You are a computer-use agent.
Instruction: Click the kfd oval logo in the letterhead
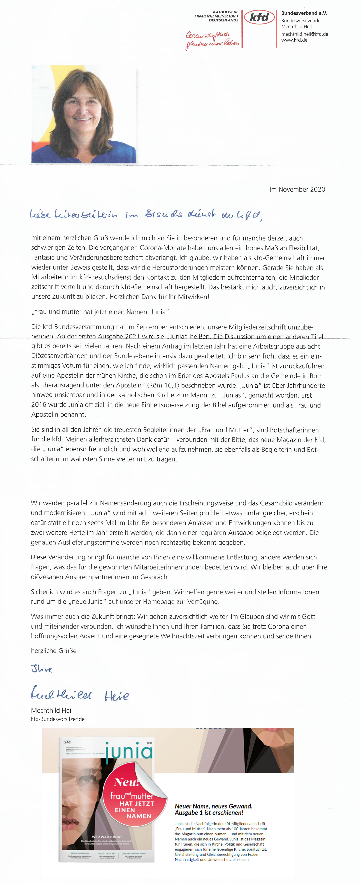pyautogui.click(x=259, y=17)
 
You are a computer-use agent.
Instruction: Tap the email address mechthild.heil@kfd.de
pyautogui.click(x=304, y=34)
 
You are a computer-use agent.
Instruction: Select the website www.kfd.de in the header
pyautogui.click(x=294, y=40)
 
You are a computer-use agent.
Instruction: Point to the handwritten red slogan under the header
pyautogui.click(x=212, y=40)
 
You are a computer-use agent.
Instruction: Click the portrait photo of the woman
pyautogui.click(x=84, y=114)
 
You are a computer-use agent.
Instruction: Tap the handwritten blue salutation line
pyautogui.click(x=146, y=215)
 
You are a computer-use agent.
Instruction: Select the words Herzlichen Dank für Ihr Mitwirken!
pyautogui.click(x=159, y=297)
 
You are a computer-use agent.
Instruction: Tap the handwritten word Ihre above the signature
pyautogui.click(x=42, y=669)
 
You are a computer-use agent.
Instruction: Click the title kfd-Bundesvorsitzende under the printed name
pyautogui.click(x=58, y=719)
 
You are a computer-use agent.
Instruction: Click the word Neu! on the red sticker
pyautogui.click(x=126, y=783)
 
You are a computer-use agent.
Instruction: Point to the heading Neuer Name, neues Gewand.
pyautogui.click(x=214, y=806)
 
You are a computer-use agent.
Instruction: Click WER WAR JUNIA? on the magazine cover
pyautogui.click(x=107, y=837)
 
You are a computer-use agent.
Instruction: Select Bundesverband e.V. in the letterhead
pyautogui.click(x=304, y=13)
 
